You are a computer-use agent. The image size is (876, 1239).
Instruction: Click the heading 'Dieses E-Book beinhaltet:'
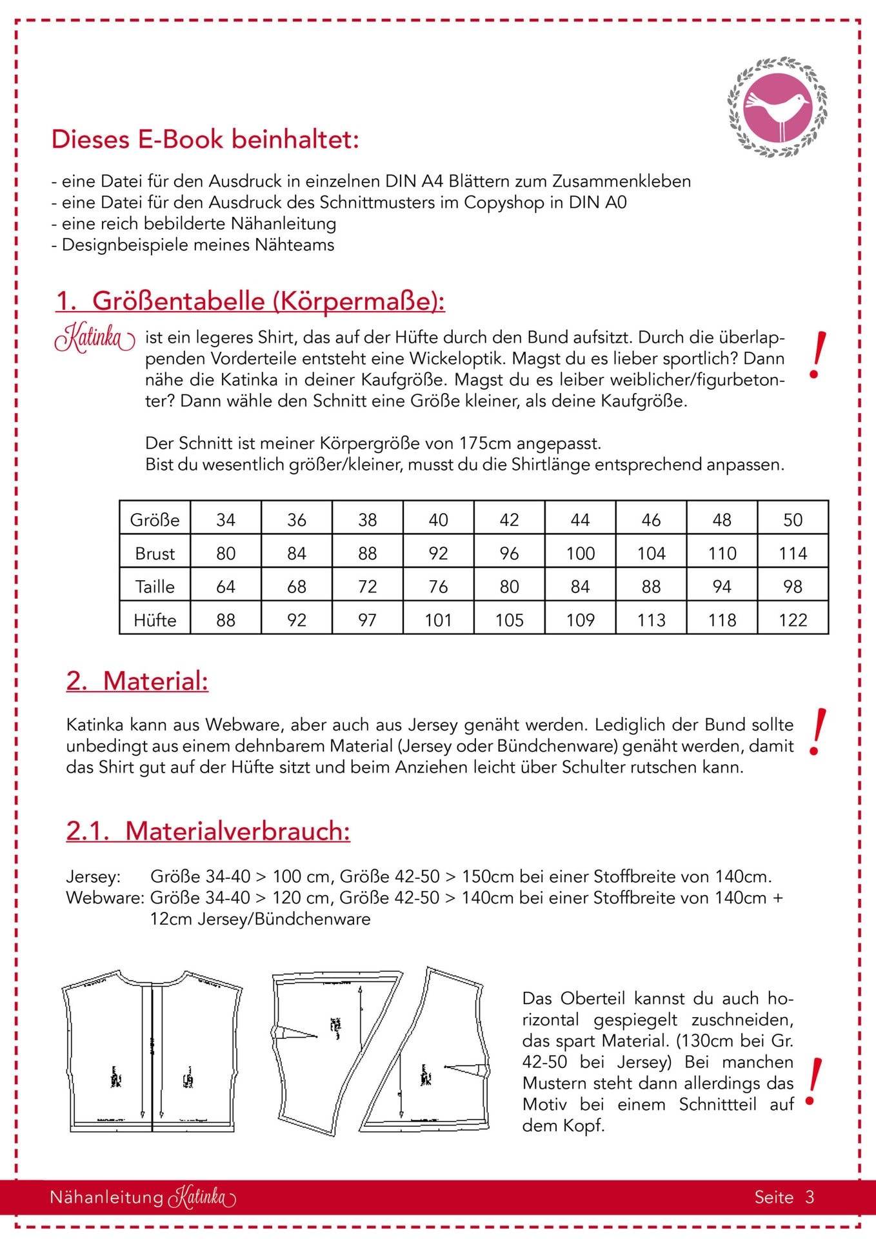point(204,139)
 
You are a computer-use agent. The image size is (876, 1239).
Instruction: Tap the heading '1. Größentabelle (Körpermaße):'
point(250,301)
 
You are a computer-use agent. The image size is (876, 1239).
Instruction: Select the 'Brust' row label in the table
point(155,553)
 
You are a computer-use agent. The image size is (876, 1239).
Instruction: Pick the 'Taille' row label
point(155,587)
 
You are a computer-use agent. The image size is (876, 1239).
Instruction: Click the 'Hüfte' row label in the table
point(155,620)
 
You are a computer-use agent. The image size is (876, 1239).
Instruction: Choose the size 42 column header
point(509,519)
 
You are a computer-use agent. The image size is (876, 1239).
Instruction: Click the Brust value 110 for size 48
point(722,553)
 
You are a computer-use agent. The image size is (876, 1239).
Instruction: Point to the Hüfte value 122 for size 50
point(793,620)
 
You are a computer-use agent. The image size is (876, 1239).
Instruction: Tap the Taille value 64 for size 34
point(226,587)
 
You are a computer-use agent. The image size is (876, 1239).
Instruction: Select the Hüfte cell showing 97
point(367,620)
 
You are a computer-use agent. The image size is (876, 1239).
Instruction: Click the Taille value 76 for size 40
point(438,587)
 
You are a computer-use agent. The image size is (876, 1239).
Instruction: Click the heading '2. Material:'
point(137,681)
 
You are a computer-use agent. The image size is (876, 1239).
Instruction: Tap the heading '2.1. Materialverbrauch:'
point(208,831)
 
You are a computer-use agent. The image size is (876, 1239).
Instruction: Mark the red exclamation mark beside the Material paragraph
point(816,732)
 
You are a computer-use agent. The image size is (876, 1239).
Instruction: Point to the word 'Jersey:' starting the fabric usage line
point(93,876)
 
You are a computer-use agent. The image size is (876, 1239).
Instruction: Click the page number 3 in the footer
point(810,1197)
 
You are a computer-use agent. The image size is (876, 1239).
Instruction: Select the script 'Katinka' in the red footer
point(202,1198)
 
